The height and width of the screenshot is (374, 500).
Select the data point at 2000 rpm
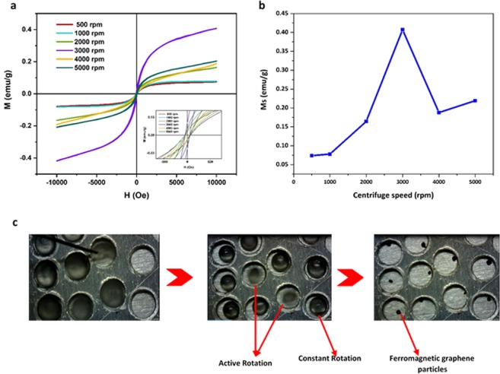pos(366,121)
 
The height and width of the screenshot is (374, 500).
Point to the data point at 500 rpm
pos(311,155)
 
